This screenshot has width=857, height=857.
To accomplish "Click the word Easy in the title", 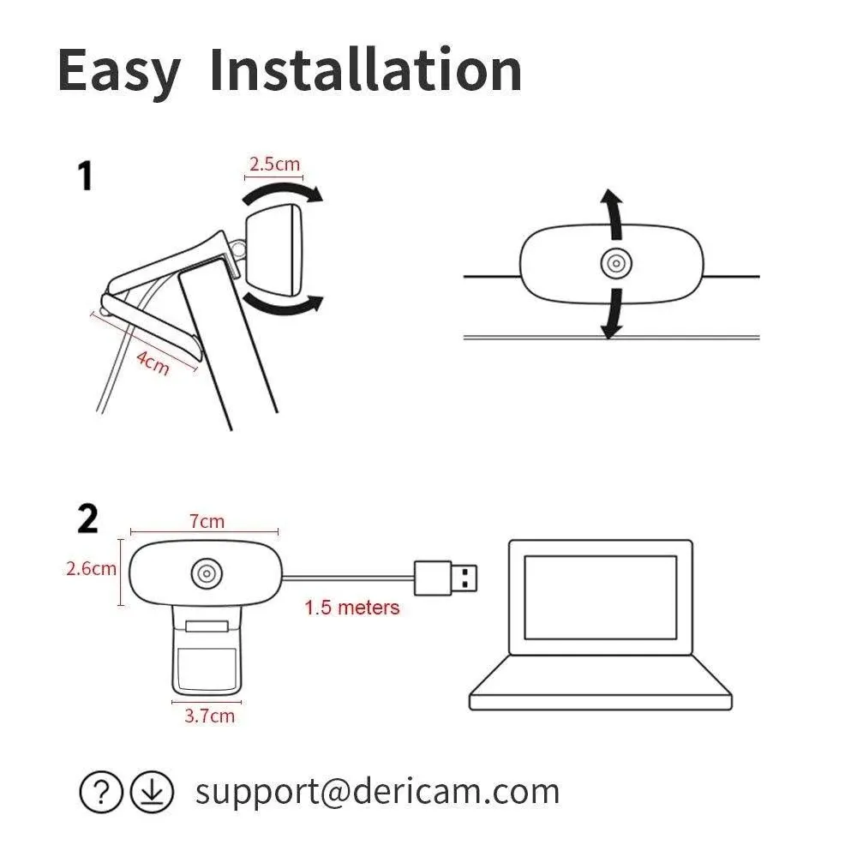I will click(x=118, y=71).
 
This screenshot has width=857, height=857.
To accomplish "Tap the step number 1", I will click(x=85, y=176).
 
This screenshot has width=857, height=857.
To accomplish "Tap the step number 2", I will click(x=87, y=519).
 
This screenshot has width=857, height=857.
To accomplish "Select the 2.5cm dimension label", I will click(x=274, y=164).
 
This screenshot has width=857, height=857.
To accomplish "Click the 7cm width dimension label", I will click(x=207, y=520).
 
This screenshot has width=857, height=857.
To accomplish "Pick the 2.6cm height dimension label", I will click(x=91, y=568).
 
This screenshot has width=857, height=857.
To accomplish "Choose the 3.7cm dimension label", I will click(x=209, y=715).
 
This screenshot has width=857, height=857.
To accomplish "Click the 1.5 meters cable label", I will click(x=352, y=608).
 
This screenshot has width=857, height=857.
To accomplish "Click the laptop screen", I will click(x=600, y=596).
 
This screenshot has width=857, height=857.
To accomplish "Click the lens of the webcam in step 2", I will click(x=207, y=574).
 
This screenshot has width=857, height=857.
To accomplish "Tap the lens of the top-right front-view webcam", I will click(x=614, y=264).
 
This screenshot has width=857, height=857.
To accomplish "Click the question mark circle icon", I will click(x=102, y=793).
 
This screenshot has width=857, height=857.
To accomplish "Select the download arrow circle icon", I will click(x=152, y=793).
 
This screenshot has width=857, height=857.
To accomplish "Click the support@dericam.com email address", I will click(x=377, y=791).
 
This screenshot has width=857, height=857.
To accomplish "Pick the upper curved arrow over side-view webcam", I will click(x=283, y=192).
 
